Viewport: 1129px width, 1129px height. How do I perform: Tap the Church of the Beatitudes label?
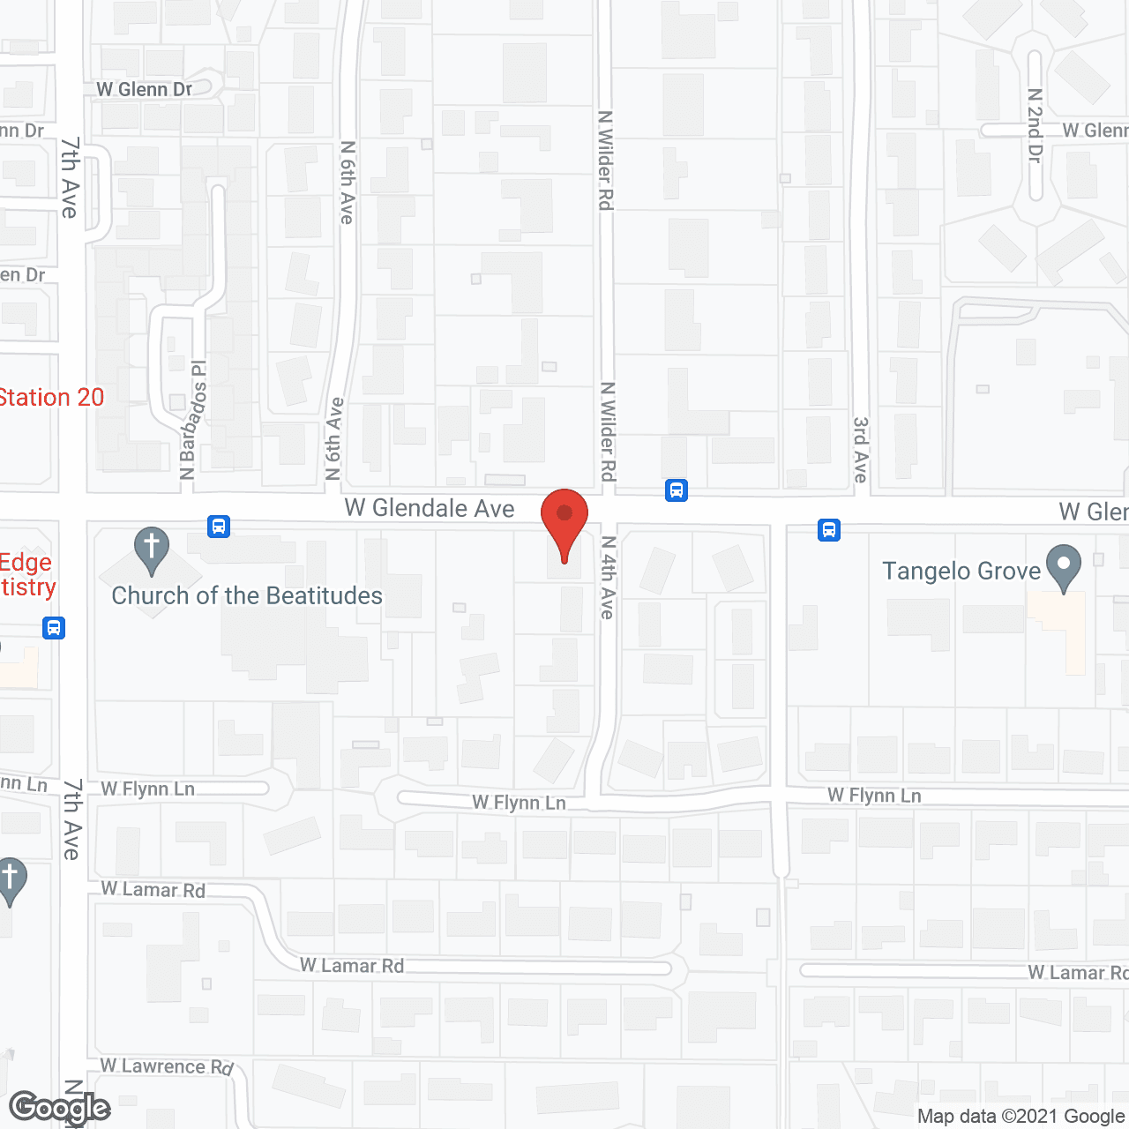pyautogui.click(x=247, y=596)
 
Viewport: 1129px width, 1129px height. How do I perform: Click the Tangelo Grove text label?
pyautogui.click(x=961, y=572)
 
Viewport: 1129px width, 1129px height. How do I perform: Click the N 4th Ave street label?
pyautogui.click(x=608, y=578)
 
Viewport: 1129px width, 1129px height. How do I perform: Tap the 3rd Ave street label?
pyautogui.click(x=861, y=449)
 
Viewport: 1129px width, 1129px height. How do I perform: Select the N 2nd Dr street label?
pyautogui.click(x=1036, y=124)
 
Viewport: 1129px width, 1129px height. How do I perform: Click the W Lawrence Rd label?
pyautogui.click(x=167, y=1066)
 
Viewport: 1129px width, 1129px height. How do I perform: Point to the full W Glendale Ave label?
pyautogui.click(x=430, y=508)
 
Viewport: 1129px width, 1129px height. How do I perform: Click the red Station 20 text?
pyautogui.click(x=51, y=398)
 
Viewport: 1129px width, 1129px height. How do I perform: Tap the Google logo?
pyautogui.click(x=59, y=1107)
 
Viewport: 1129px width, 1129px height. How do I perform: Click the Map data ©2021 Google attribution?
pyautogui.click(x=1021, y=1116)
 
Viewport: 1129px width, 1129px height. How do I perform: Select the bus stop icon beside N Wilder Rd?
pyautogui.click(x=677, y=490)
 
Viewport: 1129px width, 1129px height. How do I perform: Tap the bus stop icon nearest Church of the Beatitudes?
pyautogui.click(x=219, y=527)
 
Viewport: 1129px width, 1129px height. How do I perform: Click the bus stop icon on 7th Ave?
pyautogui.click(x=54, y=628)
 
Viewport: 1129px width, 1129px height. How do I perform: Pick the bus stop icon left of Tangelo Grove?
pyautogui.click(x=828, y=530)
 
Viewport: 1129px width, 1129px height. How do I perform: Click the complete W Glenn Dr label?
pyautogui.click(x=145, y=89)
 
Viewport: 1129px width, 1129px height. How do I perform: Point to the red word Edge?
pyautogui.click(x=26, y=563)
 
